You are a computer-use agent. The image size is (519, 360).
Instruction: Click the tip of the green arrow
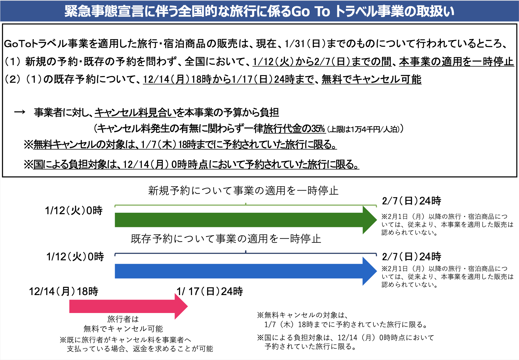[x=377, y=220]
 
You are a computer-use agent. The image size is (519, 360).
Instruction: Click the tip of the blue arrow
[x=377, y=271]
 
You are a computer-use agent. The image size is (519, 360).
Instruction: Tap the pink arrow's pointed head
[x=187, y=306]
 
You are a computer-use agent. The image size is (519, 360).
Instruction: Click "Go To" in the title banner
[x=310, y=11]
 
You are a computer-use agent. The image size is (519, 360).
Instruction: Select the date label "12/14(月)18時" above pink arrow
[x=64, y=291]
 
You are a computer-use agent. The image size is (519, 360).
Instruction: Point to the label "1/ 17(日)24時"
[x=210, y=291]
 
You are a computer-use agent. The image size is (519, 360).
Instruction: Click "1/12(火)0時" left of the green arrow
[x=73, y=211]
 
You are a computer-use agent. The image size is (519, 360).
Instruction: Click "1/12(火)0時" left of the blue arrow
[x=75, y=257]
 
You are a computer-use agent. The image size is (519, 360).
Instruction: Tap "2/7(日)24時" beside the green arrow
[x=411, y=201]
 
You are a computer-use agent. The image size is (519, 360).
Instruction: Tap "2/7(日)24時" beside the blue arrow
[x=411, y=257]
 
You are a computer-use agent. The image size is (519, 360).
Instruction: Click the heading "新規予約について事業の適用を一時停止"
[x=243, y=191]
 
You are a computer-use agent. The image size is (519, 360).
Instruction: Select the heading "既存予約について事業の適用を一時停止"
[x=226, y=239]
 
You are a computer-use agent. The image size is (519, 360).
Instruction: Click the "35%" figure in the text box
[x=318, y=129]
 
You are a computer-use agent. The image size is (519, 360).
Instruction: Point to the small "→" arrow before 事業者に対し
[x=20, y=112]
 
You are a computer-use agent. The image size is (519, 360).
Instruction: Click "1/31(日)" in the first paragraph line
[x=305, y=44]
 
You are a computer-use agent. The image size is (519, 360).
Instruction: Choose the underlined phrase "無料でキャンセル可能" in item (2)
[x=371, y=79]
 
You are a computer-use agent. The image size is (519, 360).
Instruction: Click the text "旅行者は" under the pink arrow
[x=123, y=319]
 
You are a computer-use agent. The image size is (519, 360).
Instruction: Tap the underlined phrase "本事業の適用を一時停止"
[x=456, y=62]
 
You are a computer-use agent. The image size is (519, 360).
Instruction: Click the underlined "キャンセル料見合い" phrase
[x=135, y=113]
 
